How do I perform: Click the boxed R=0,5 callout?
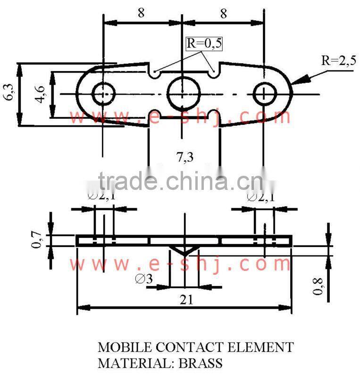[x=204, y=44]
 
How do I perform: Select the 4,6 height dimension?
[x=41, y=94]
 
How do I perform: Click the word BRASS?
[x=199, y=363]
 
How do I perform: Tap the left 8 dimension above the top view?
[x=141, y=14]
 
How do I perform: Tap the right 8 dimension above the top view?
[x=223, y=14]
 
